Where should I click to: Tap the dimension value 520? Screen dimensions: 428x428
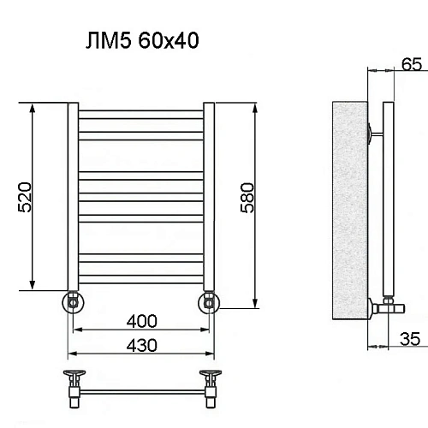click(x=25, y=198)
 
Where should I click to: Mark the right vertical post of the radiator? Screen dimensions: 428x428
click(x=208, y=197)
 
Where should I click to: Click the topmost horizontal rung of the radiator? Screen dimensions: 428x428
click(x=140, y=112)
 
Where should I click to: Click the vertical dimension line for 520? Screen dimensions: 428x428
click(x=33, y=198)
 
